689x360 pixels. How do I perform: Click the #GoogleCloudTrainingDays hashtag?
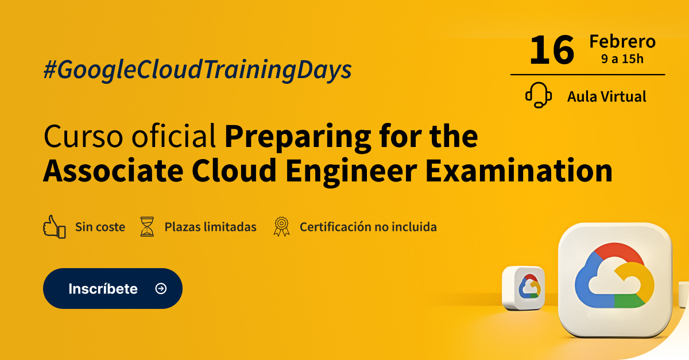(198, 69)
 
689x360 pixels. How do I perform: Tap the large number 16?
(552, 51)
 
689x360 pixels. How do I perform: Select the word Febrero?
(622, 41)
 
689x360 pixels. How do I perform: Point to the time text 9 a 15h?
(622, 58)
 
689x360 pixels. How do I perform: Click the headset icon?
(539, 95)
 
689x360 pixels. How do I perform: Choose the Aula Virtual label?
(606, 96)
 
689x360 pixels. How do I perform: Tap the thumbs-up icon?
(55, 226)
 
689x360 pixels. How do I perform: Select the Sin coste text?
(100, 227)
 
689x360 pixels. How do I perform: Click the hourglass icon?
(148, 227)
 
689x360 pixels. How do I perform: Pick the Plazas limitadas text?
(210, 227)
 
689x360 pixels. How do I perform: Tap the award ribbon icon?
(281, 227)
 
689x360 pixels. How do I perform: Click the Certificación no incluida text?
(368, 227)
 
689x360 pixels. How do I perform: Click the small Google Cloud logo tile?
(524, 288)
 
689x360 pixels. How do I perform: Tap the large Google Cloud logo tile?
(614, 279)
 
